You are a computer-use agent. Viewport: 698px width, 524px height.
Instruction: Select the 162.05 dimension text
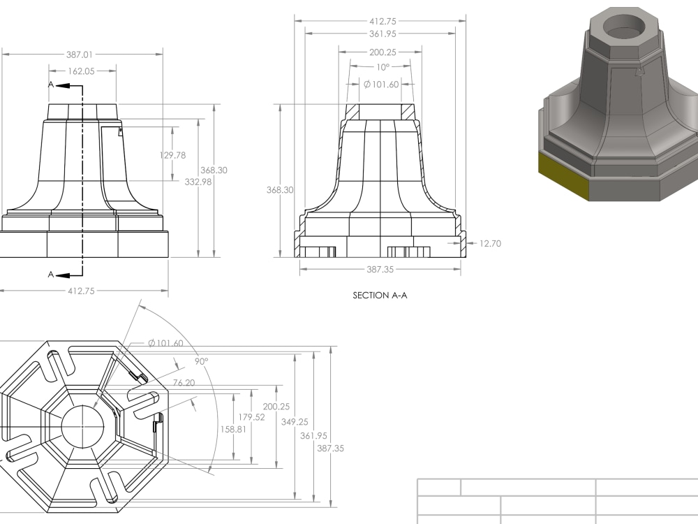[x=82, y=71]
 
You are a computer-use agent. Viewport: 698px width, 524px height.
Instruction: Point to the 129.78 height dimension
[x=173, y=155]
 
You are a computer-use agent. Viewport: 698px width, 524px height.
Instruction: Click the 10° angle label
[x=383, y=68]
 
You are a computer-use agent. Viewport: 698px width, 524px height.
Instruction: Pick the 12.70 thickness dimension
[x=490, y=244]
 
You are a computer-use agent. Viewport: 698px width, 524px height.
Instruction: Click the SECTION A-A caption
[x=380, y=296]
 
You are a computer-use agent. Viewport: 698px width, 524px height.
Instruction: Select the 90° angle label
[x=201, y=362]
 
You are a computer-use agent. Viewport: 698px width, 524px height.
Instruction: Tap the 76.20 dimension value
[x=184, y=383]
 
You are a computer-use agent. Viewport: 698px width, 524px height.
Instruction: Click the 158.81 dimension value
[x=232, y=429]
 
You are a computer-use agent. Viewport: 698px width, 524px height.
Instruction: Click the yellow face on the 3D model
[x=563, y=177]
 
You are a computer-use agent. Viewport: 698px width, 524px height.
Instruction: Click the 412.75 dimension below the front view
[x=81, y=291]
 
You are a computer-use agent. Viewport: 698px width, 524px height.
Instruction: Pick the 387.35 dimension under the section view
[x=380, y=269]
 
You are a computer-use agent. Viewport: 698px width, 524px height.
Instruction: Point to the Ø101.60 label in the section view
[x=381, y=85]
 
